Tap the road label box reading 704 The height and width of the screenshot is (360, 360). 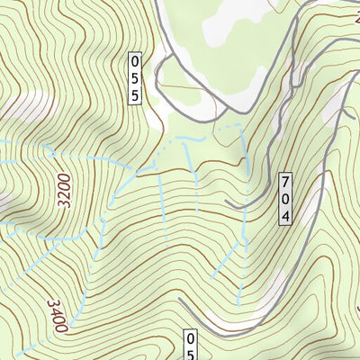tap(285, 198)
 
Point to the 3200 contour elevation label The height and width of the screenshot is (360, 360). tap(64, 191)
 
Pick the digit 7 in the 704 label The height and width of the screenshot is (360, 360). tap(285, 179)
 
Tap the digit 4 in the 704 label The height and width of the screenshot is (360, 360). tap(285, 217)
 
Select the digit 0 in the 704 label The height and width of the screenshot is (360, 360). tap(285, 198)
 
